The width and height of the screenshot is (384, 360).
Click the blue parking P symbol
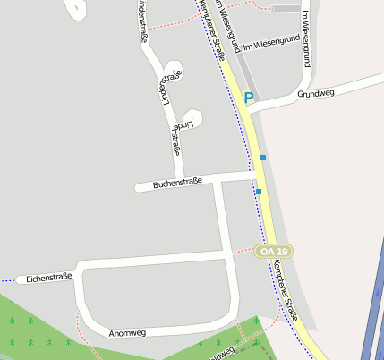pyautogui.click(x=249, y=97)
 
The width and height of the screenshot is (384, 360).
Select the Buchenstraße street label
pyautogui.click(x=177, y=183)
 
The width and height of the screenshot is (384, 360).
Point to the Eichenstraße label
pyautogui.click(x=48, y=279)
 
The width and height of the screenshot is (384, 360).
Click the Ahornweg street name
pyautogui.click(x=126, y=332)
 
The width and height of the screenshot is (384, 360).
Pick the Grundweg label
pyautogui.click(x=315, y=93)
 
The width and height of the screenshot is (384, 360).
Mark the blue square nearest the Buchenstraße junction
pyautogui.click(x=259, y=192)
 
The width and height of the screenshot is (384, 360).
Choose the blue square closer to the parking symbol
pyautogui.click(x=263, y=158)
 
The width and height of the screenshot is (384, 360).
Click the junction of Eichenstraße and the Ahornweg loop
pyautogui.click(x=81, y=269)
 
